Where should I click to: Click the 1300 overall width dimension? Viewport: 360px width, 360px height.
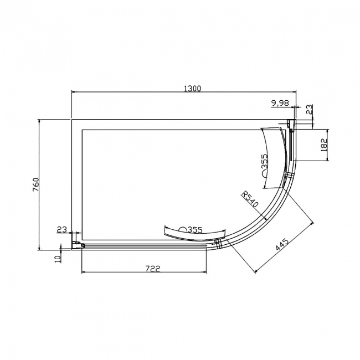click(192, 89)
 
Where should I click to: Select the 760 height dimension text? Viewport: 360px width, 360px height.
click(36, 184)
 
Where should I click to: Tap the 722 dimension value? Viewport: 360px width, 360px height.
click(153, 268)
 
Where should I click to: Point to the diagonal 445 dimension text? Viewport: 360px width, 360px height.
click(282, 244)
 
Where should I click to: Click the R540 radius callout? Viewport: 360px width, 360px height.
click(250, 199)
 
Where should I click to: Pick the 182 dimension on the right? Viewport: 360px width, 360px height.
click(324, 145)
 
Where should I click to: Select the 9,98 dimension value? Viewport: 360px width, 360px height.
click(280, 104)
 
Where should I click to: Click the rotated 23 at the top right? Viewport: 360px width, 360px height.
click(309, 109)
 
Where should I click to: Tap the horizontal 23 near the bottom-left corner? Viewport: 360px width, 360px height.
click(62, 229)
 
